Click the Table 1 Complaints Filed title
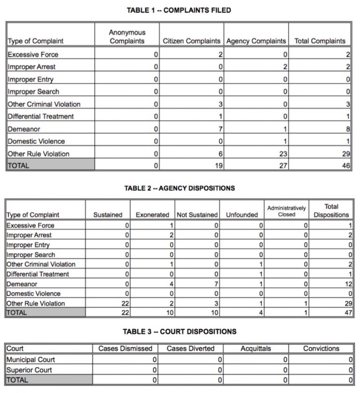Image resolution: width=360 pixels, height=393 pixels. coord(179,10)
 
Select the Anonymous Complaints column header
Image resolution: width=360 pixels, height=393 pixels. coord(127,37)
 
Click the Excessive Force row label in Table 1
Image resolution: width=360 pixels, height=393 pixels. coord(33,54)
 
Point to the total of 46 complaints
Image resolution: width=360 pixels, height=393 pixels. coord(346,166)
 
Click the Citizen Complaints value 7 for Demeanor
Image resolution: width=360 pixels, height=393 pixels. coord(220,129)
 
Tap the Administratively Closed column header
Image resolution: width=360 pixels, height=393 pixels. coord(286,211)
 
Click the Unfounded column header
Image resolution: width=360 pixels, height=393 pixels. coord(242,215)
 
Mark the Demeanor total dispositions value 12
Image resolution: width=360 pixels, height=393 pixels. coord(347,284)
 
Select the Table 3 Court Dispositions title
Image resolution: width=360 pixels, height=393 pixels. coord(180,332)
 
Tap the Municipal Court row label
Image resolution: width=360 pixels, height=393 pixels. coord(31,360)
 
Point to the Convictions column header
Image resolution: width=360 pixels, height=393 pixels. coord(321,349)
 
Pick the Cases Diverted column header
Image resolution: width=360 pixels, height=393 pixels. coord(191,349)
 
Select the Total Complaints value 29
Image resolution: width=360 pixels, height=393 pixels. coord(346,154)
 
